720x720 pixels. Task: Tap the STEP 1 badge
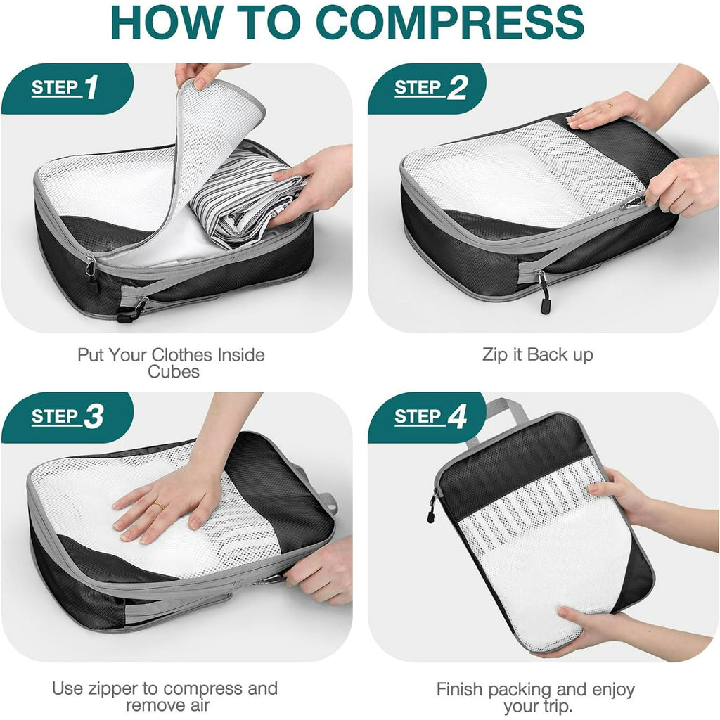point(65,88)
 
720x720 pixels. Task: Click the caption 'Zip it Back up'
point(538,354)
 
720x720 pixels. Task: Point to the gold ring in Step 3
point(160,505)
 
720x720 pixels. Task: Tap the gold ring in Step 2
point(609,105)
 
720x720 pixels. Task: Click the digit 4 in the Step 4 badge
point(458,417)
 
